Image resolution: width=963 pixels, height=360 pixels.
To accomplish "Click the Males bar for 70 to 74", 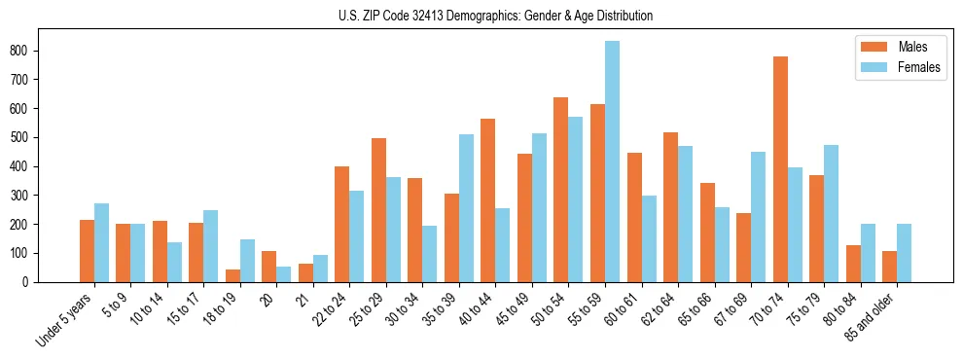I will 780,169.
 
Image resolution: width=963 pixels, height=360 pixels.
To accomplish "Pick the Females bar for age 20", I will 283,274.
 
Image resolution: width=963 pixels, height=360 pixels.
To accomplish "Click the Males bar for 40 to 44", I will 488,200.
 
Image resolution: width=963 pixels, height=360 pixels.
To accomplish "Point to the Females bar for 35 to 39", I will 466,208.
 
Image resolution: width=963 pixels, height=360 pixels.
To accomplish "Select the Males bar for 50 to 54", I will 561,190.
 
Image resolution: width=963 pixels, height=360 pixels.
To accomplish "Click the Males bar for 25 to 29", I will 378,210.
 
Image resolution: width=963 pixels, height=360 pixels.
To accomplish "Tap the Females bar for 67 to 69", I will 758,217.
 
